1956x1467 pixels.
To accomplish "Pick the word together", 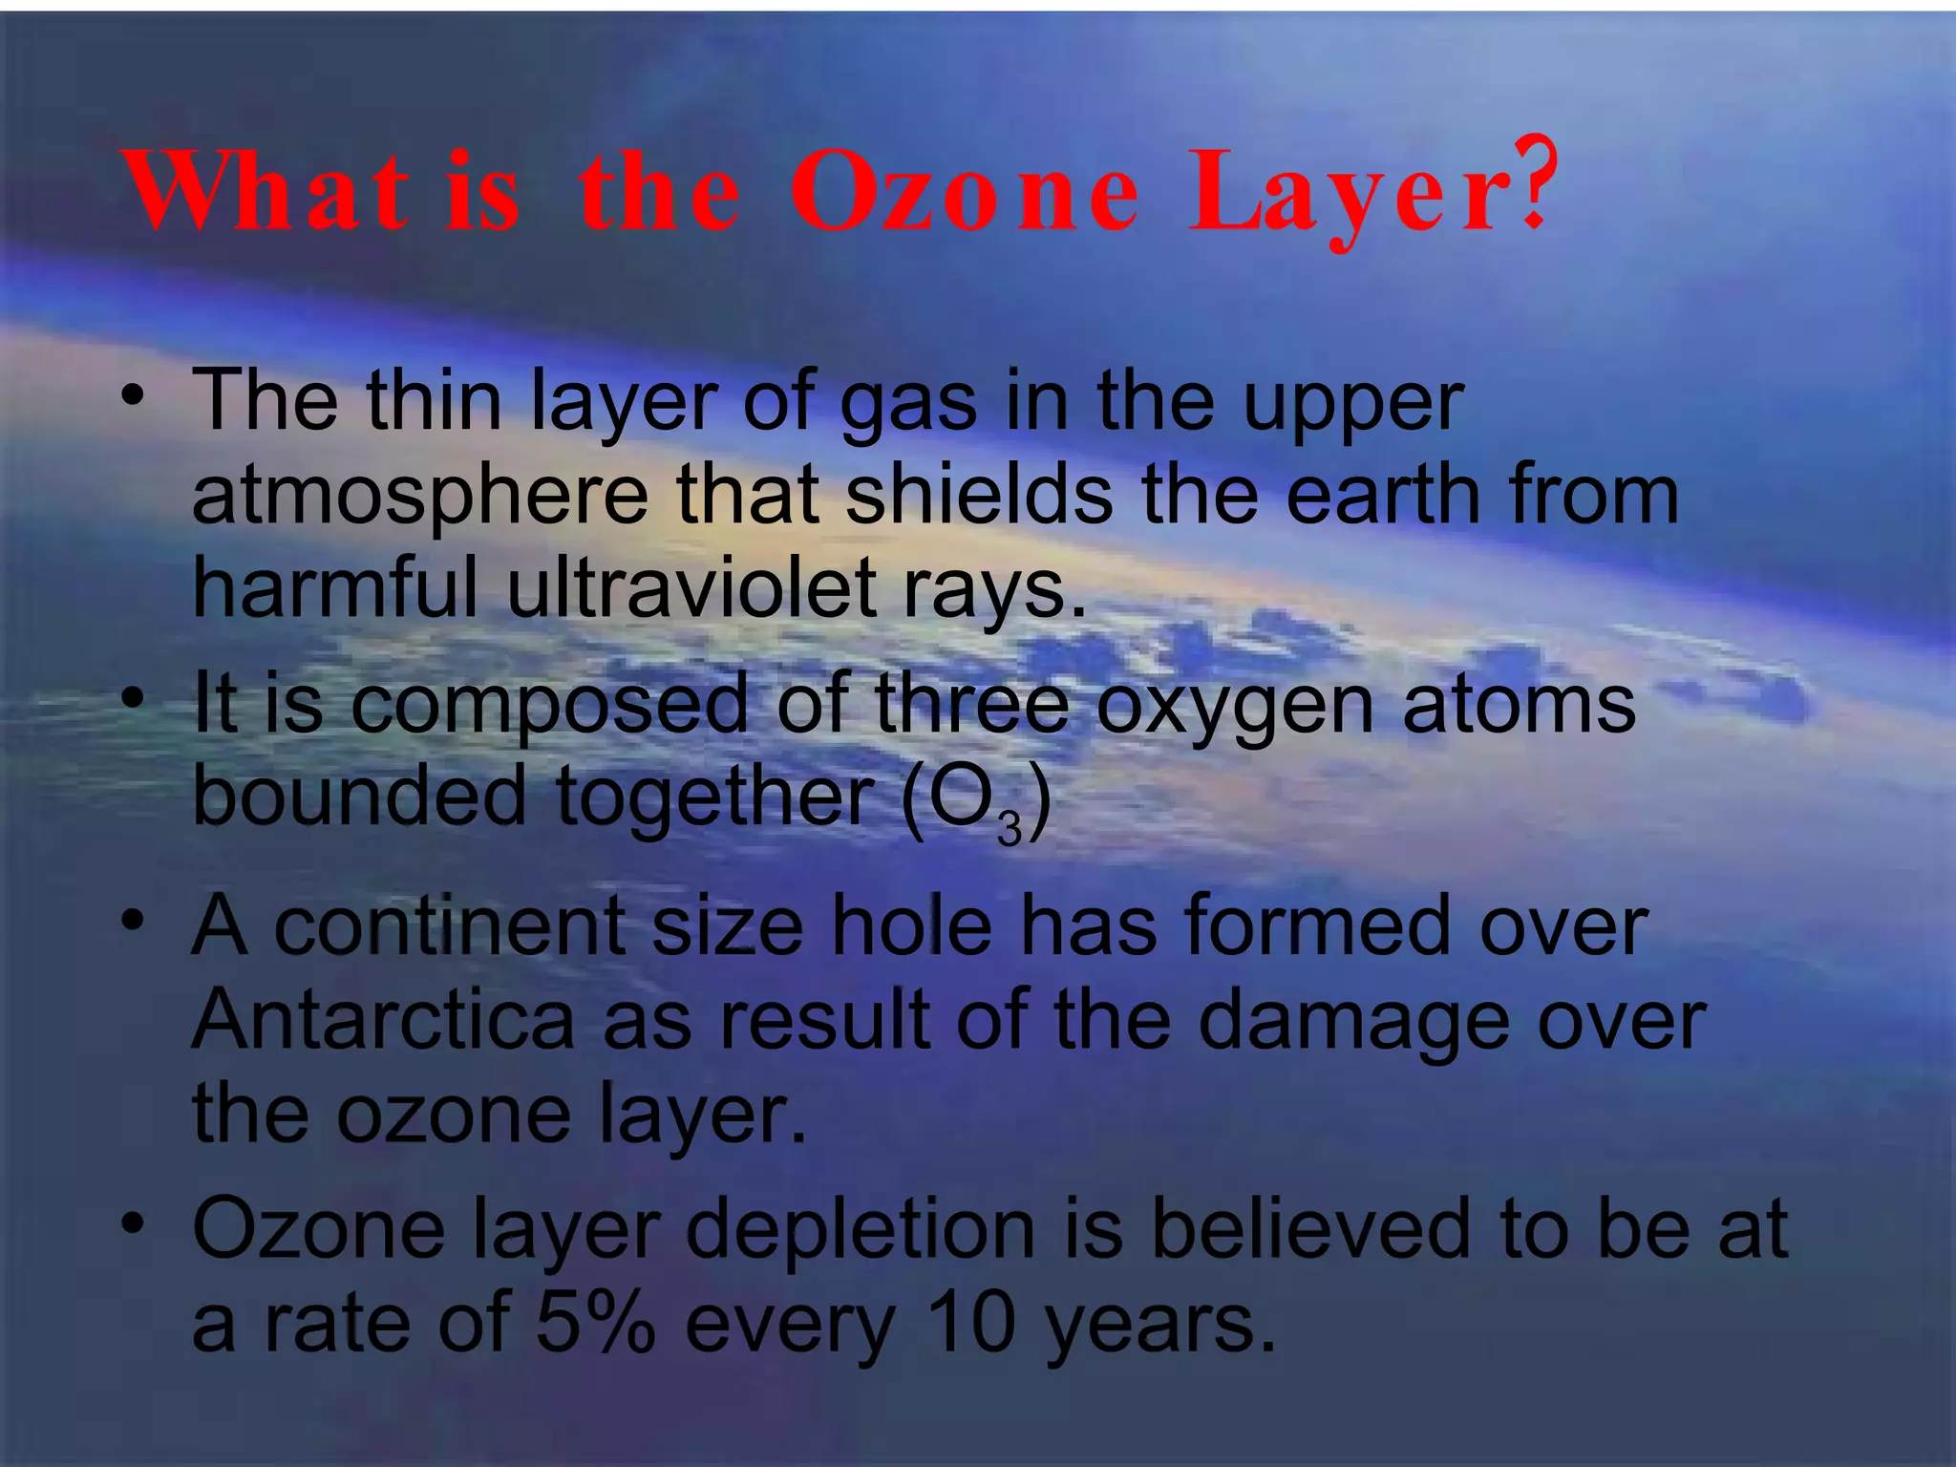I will point(714,797).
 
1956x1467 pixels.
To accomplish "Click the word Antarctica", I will point(384,1020).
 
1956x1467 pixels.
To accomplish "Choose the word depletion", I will point(861,1230).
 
